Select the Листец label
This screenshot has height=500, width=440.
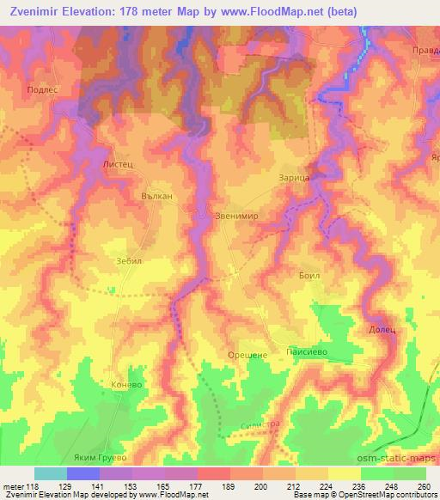pos(119,162)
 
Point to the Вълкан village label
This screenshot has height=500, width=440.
pos(157,197)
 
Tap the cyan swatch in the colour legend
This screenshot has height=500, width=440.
pos(50,473)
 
